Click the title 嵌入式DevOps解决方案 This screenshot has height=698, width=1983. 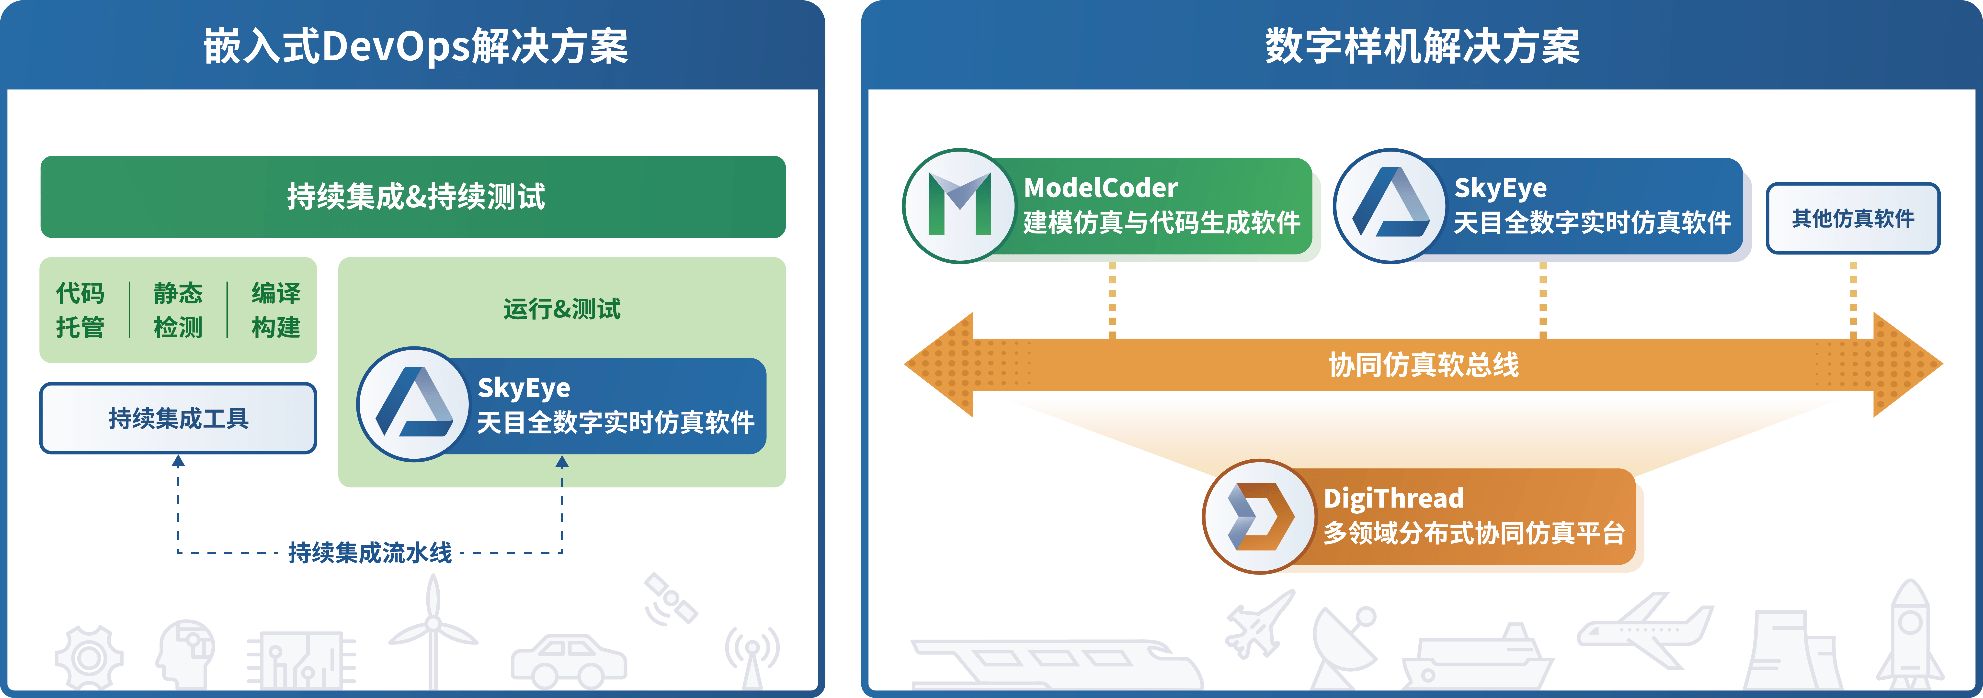(416, 46)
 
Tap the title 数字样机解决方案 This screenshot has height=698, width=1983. (1422, 46)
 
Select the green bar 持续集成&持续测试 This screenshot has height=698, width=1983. (413, 197)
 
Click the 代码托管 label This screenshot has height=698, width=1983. (80, 310)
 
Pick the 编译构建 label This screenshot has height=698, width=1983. (276, 310)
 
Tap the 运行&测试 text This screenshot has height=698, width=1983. (562, 309)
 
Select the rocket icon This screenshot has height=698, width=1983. (1910, 637)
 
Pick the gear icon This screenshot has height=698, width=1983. (89, 658)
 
